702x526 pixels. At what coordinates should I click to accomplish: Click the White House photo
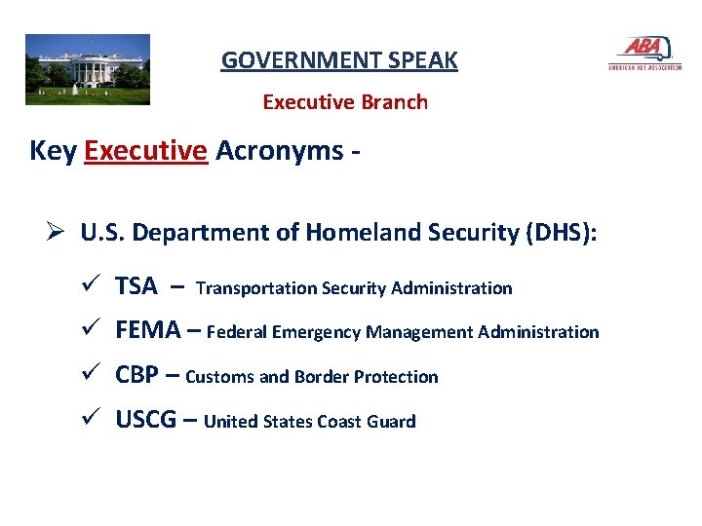88,69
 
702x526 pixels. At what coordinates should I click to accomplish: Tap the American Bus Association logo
644,55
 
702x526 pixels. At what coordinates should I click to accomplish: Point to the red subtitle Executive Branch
345,102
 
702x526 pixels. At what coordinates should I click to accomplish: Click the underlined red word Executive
146,151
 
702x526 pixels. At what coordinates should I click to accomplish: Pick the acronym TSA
136,286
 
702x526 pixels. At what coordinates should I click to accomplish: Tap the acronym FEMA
148,331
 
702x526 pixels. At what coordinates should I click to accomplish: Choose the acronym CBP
138,376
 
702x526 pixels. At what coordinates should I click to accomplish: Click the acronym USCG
146,421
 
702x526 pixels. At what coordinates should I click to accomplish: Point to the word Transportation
256,288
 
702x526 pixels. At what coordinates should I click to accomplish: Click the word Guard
391,422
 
